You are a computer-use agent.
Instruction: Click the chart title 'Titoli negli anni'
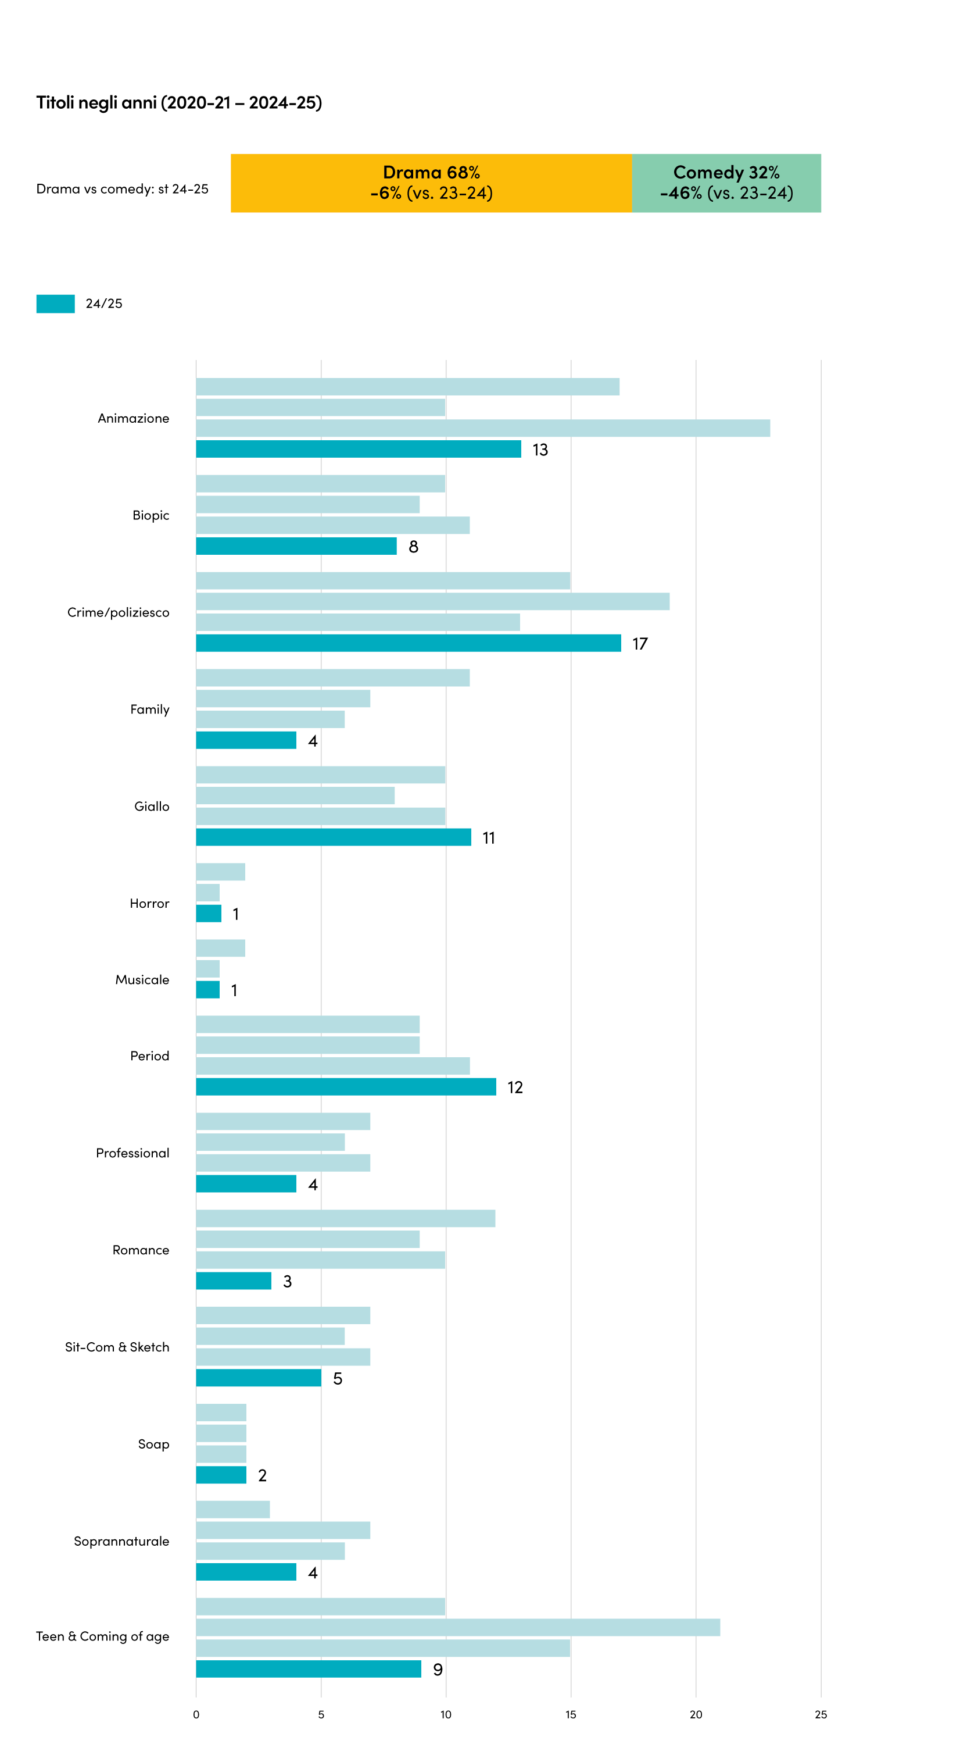(x=96, y=102)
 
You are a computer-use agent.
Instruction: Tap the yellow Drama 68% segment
(x=431, y=183)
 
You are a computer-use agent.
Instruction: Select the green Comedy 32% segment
(x=726, y=183)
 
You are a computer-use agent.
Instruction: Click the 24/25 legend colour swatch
(x=56, y=304)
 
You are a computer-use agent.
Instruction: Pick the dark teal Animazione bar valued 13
(x=359, y=448)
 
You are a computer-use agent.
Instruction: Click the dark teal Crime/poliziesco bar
(x=409, y=643)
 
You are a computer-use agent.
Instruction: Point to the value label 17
(x=640, y=644)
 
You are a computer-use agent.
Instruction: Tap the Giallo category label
(x=152, y=806)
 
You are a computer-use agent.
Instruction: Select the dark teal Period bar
(x=346, y=1086)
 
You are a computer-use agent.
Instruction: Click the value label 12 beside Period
(x=515, y=1087)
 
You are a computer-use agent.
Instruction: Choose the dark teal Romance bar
(x=234, y=1281)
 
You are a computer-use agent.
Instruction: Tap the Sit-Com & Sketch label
(x=117, y=1347)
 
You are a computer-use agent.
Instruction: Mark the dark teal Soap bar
(x=221, y=1475)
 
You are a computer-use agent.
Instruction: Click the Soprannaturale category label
(x=121, y=1542)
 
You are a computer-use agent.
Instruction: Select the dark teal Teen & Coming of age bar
(x=309, y=1669)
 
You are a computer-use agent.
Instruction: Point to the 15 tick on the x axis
(x=571, y=1714)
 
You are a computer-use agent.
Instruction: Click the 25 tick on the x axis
(x=821, y=1714)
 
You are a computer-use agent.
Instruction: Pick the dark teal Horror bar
(x=209, y=914)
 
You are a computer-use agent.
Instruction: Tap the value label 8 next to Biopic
(x=413, y=547)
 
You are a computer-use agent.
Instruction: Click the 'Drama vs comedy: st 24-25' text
(x=122, y=189)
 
